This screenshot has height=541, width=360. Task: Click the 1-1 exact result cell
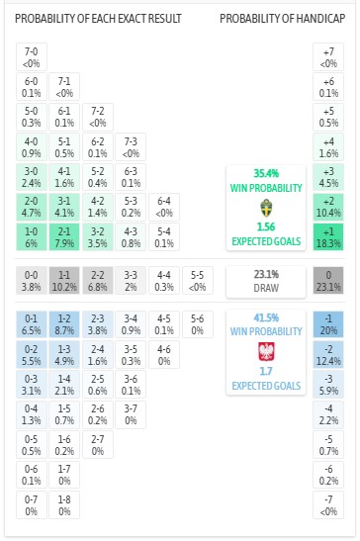(64, 279)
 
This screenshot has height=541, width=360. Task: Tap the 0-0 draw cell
(32, 279)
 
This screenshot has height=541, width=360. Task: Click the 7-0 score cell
(32, 58)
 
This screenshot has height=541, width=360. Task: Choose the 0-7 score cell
(32, 507)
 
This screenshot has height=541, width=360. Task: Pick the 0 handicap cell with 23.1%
(328, 279)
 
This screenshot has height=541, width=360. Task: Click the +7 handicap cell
(328, 58)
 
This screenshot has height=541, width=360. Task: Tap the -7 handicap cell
(328, 507)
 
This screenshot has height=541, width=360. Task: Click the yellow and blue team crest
(264, 209)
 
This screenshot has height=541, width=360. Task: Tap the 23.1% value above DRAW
(264, 274)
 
